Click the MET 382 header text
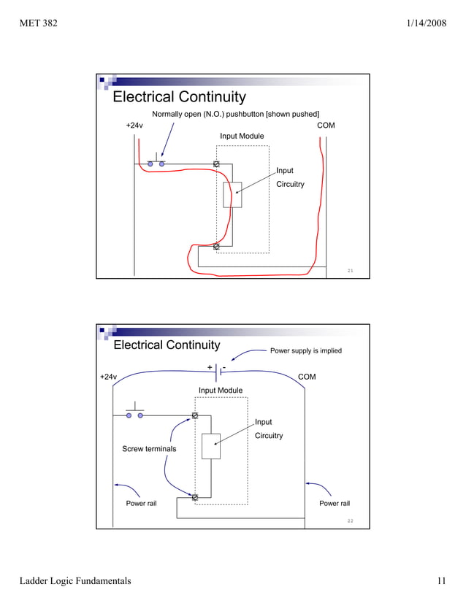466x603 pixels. coord(38,24)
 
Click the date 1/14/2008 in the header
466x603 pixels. coord(426,24)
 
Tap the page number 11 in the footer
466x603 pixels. coord(440,581)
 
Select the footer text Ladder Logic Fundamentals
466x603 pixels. coord(75,581)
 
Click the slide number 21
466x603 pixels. coord(351,271)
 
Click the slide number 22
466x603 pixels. coord(351,521)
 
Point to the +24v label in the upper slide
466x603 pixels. coord(134,126)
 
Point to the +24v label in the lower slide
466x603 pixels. coord(108,377)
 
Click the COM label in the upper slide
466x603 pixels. coord(326,126)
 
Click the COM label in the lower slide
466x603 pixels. coord(308,377)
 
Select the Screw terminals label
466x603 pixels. coord(149,449)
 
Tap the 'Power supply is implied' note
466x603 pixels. coord(306,350)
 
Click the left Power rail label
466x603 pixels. coord(141,504)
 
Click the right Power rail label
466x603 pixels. coord(335,504)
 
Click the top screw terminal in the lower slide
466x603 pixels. coord(195,415)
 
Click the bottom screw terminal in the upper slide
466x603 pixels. coord(216,246)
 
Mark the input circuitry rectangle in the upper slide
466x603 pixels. coord(232,194)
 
